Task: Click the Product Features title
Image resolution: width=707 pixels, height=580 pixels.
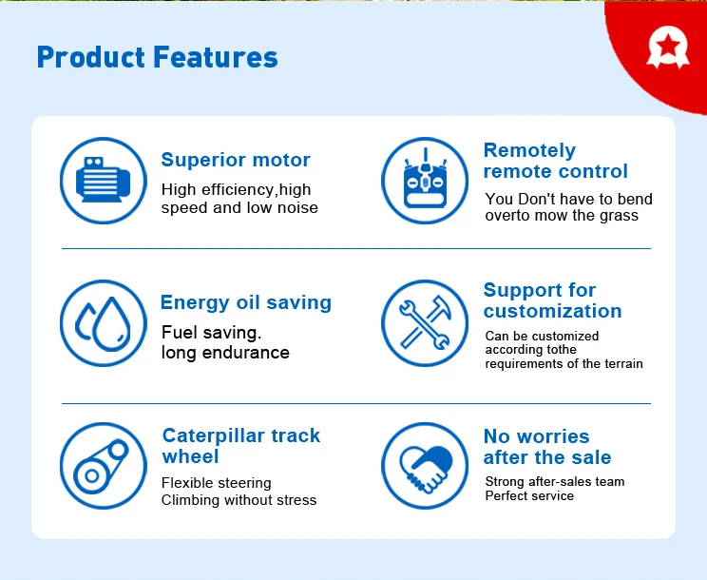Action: point(158,57)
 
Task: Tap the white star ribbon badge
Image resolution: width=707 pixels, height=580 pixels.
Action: point(668,48)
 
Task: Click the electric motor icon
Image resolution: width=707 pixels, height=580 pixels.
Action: point(104,181)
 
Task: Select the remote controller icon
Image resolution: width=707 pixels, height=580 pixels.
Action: point(425,181)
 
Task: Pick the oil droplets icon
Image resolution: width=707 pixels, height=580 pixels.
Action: point(104,323)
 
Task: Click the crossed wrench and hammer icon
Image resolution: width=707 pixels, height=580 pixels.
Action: point(425,323)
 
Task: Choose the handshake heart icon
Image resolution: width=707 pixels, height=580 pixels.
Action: point(425,466)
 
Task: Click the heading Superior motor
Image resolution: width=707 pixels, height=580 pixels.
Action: point(236,160)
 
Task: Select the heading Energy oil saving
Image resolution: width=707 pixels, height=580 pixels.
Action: point(246,302)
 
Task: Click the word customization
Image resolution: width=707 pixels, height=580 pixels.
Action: point(553,311)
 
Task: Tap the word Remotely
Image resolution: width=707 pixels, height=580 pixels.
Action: point(530,150)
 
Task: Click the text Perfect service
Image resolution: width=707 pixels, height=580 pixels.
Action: point(529,495)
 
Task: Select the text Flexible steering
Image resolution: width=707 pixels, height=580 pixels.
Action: point(217,483)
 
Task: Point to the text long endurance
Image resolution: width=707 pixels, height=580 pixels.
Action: point(225,353)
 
